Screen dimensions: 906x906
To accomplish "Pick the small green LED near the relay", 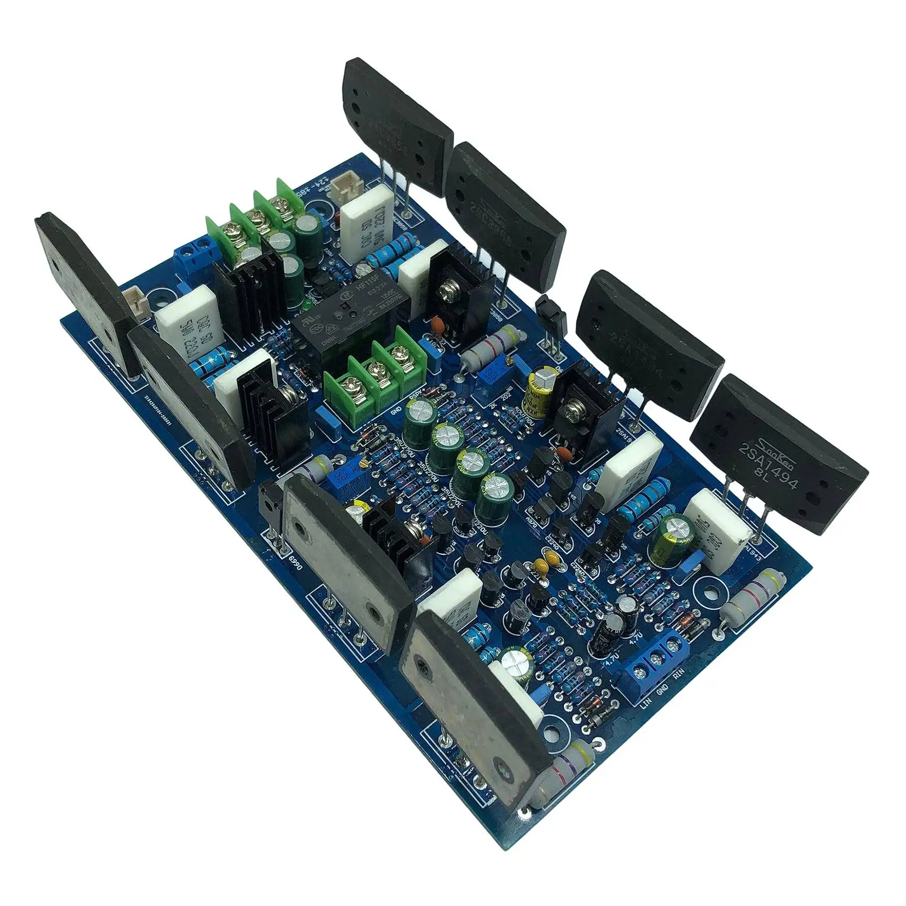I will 308,306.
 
